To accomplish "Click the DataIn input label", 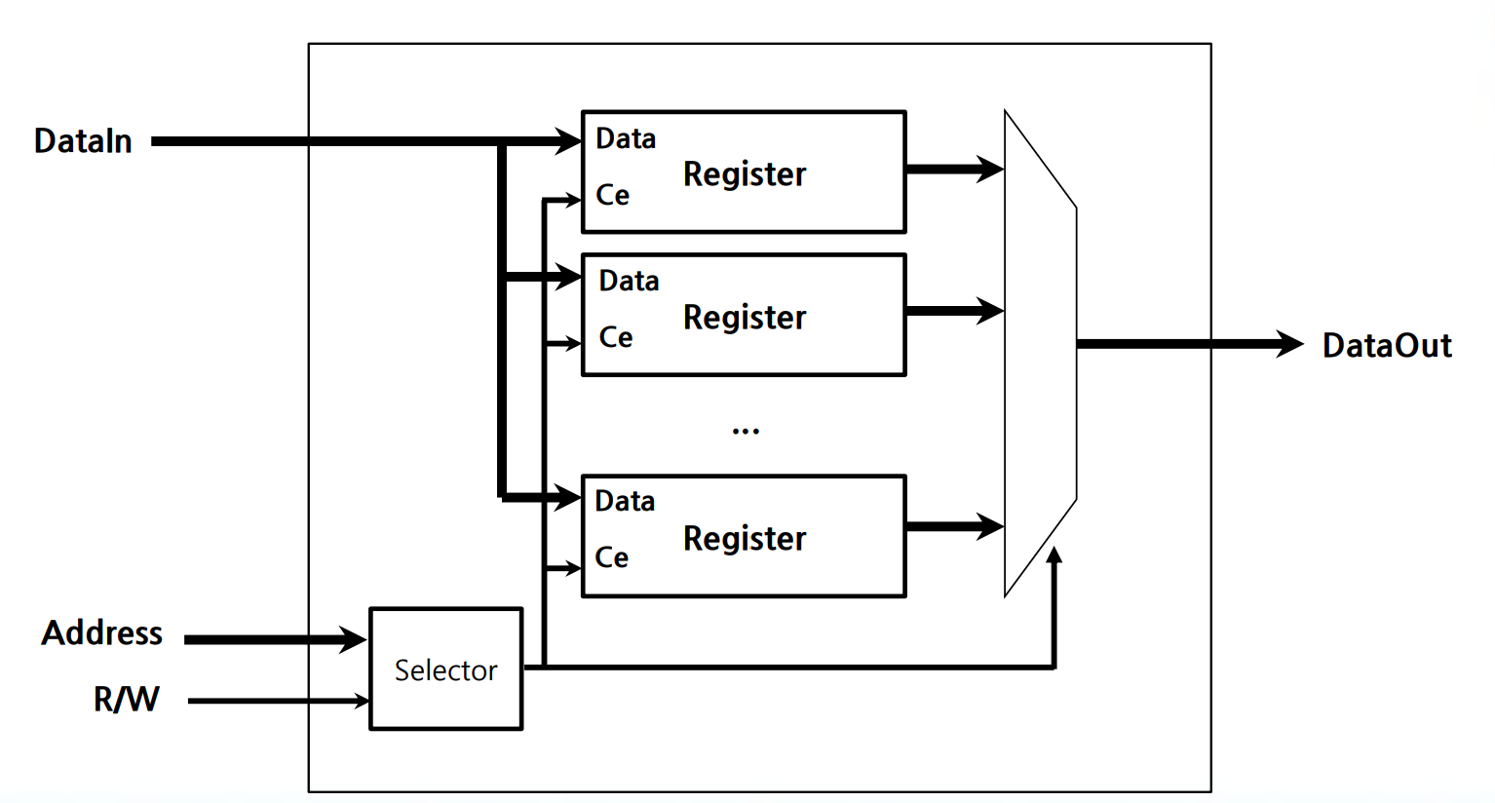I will (x=83, y=141).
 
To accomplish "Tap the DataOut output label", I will (x=1386, y=345).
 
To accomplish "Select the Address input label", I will (x=101, y=633).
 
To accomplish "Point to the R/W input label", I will (x=126, y=699).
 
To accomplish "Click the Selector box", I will (x=445, y=669).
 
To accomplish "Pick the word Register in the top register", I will (x=745, y=174).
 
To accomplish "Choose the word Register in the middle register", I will (x=745, y=318).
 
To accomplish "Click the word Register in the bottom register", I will (x=745, y=539).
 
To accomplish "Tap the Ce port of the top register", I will (x=612, y=195).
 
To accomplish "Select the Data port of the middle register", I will (x=629, y=282).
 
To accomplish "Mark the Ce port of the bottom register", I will (x=611, y=557).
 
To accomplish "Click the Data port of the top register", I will (x=626, y=138).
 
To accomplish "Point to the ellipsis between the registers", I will (x=746, y=430).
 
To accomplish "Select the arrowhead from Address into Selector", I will (x=353, y=639).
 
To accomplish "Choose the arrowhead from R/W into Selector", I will (x=363, y=701).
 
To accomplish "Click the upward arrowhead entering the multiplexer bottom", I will (x=1054, y=555).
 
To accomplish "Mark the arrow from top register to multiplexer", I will (x=955, y=170).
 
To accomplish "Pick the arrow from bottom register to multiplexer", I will (x=955, y=527).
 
